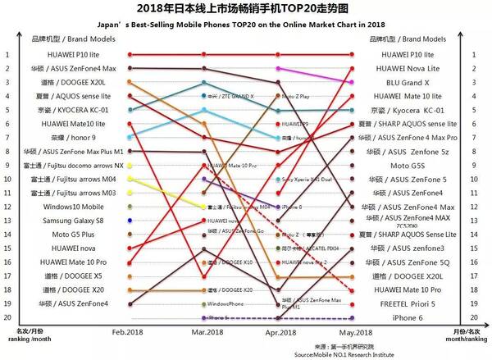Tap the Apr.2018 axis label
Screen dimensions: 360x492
click(280, 332)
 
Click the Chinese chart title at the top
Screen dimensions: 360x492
click(245, 10)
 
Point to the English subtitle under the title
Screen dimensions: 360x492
click(245, 24)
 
